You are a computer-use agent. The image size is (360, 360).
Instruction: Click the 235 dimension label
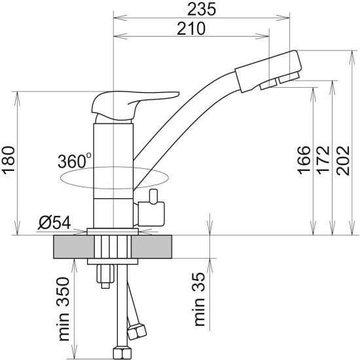coord(202,9)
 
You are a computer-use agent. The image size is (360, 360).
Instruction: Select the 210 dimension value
coord(191,28)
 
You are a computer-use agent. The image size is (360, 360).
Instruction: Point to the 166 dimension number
coord(304,160)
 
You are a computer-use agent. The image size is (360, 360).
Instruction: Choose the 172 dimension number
coord(323,160)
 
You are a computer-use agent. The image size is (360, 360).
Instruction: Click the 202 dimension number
coord(343,160)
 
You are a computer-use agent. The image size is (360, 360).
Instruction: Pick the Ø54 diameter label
coord(54,223)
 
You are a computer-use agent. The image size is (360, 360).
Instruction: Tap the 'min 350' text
coord(63,309)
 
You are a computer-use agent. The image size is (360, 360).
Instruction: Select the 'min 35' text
coord(199,299)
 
